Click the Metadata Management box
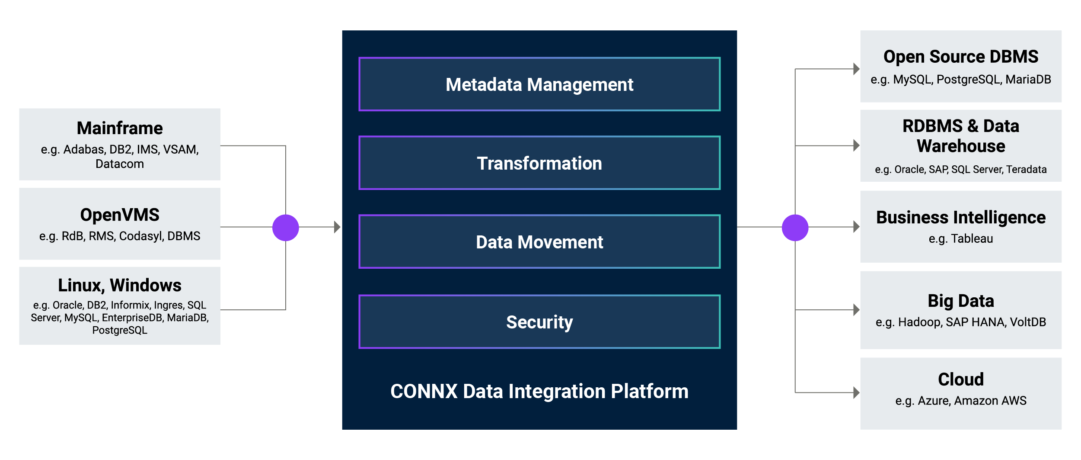539,84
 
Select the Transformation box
539,163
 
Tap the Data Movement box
539,242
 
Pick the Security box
539,322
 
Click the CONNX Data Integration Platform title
539,391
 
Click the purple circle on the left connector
286,228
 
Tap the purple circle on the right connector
795,228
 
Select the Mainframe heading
120,128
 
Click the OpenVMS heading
120,215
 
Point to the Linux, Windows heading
120,285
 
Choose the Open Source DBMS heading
961,57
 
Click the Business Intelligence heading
961,217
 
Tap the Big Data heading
961,301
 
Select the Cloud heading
961,380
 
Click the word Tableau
972,239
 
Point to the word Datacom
120,164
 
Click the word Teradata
1026,170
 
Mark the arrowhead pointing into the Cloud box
856,393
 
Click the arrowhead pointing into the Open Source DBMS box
856,69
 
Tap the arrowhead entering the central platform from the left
337,227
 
